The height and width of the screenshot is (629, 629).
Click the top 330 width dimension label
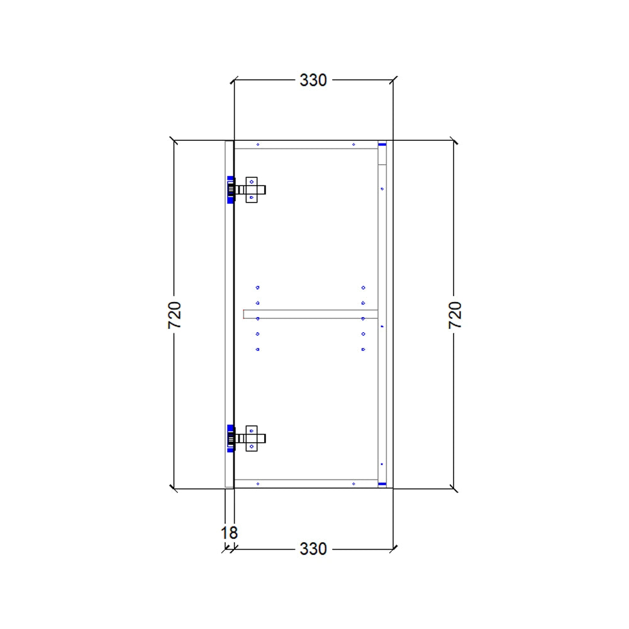pos(313,81)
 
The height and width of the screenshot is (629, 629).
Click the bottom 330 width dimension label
pos(313,549)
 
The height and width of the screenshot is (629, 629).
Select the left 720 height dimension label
pos(175,314)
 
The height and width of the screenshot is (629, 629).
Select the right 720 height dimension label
pos(455,314)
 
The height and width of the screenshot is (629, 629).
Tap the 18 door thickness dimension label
pos(229,533)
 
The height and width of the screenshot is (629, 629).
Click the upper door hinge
pos(248,189)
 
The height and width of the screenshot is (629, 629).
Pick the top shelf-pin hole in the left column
pos(257,287)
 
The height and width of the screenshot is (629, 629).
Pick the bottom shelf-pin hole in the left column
pos(257,349)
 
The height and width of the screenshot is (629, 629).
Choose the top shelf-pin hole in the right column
pos(363,287)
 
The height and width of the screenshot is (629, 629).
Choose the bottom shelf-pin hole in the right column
pos(363,349)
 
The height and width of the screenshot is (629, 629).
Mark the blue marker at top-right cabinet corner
pos(382,144)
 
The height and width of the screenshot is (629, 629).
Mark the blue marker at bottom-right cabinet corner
pos(382,484)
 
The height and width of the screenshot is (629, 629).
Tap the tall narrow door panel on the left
pos(229,314)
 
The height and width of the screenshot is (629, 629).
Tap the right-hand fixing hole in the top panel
pos(353,145)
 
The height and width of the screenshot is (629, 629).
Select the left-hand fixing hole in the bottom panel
pos(258,483)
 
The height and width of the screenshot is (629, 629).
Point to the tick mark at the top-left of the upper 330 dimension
pos(234,81)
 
